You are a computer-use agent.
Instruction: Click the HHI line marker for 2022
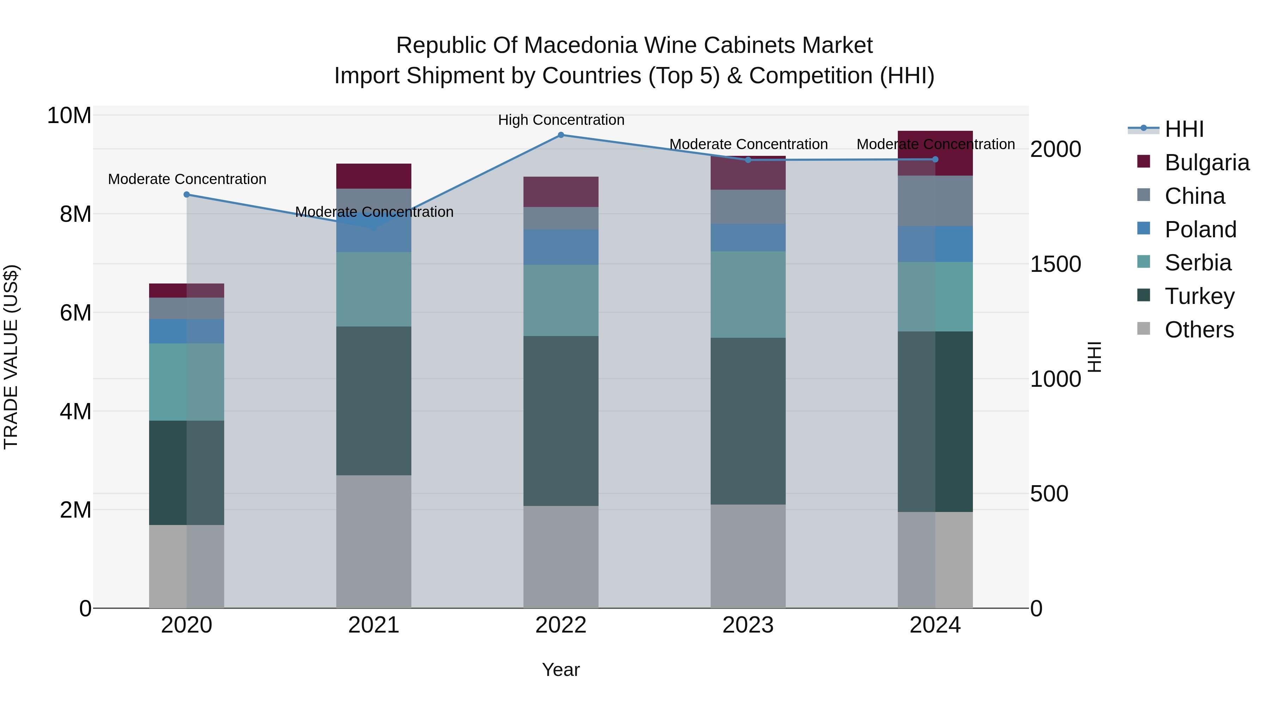click(560, 135)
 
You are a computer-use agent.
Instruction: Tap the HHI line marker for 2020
click(187, 195)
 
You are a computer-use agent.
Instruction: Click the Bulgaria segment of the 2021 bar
click(373, 176)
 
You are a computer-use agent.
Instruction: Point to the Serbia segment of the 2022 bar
click(560, 300)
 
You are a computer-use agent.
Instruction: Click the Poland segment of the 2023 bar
click(748, 238)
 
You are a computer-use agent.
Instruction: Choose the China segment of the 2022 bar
click(560, 218)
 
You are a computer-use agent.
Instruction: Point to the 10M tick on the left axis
click(69, 116)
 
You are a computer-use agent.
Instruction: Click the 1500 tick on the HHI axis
click(1055, 264)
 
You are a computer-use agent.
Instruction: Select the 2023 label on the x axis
click(748, 625)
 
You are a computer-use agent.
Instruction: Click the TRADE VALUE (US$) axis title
click(11, 357)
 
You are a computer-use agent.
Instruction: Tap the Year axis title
click(560, 670)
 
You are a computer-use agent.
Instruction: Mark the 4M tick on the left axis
click(75, 411)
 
